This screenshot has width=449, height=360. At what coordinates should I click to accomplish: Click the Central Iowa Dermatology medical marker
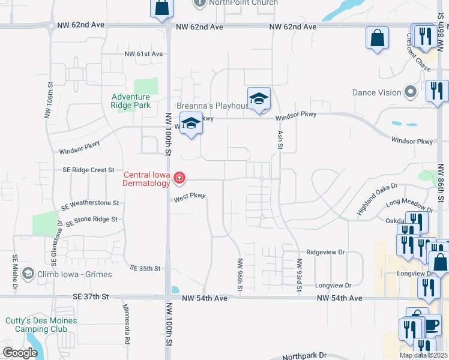(179, 178)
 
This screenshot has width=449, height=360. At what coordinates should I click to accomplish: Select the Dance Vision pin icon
(411, 92)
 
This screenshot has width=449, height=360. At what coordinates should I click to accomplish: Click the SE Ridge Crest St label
(88, 170)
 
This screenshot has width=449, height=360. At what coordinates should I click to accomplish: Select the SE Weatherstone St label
(90, 204)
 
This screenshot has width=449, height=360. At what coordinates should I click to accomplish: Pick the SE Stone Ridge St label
(91, 220)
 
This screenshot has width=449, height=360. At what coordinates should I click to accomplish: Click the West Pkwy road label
(190, 197)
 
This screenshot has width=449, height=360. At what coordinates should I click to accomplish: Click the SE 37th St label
(91, 296)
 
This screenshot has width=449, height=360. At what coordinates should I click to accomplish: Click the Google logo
(20, 353)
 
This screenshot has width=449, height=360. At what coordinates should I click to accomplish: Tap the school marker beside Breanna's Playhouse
(259, 98)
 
